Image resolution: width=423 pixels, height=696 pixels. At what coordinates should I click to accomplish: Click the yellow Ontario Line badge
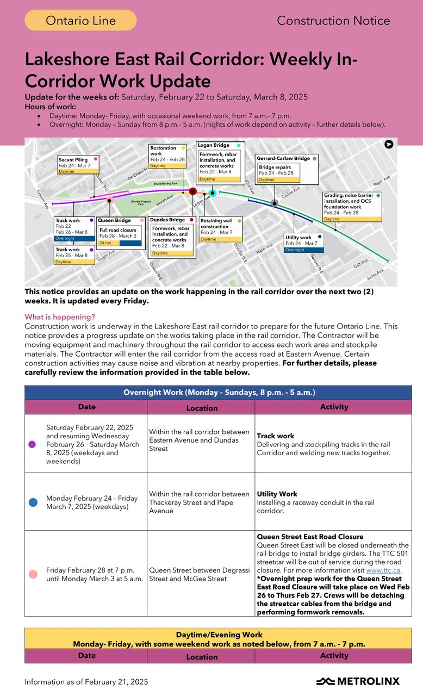pos(80,21)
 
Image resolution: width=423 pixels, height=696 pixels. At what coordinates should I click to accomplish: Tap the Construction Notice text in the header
pos(333,21)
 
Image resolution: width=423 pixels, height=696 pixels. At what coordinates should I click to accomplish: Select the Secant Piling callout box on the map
pos(78,165)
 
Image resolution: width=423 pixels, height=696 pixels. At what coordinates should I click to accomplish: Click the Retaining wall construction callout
pos(221,229)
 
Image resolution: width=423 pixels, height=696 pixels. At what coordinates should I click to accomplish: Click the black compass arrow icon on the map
pos(389,144)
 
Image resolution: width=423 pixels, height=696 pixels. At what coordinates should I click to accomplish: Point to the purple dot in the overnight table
pos(32,444)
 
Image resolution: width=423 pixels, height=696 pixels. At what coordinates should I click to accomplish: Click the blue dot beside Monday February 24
pos(32,502)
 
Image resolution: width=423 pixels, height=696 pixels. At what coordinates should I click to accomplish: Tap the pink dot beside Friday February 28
pos(32,574)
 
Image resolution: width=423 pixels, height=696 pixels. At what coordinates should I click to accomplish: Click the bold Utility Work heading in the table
pos(277,494)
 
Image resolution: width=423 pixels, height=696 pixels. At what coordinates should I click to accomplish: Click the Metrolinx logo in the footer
pos(358,681)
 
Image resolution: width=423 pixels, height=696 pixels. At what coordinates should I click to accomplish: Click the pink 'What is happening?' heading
pos(60,317)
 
